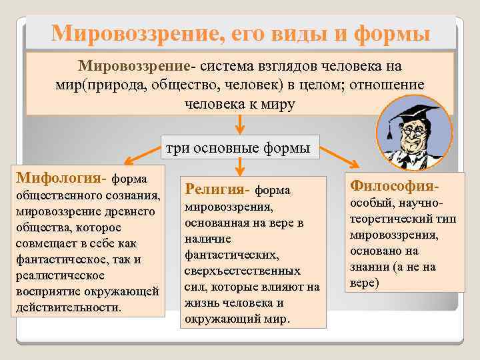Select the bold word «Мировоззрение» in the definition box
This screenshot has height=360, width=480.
point(135,67)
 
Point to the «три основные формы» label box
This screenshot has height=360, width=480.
point(238,148)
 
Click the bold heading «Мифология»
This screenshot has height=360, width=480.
point(59,179)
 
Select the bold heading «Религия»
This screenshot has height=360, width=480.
point(217,189)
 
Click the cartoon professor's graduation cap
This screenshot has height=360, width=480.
point(413,115)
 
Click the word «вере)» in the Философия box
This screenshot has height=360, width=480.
point(364,282)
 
